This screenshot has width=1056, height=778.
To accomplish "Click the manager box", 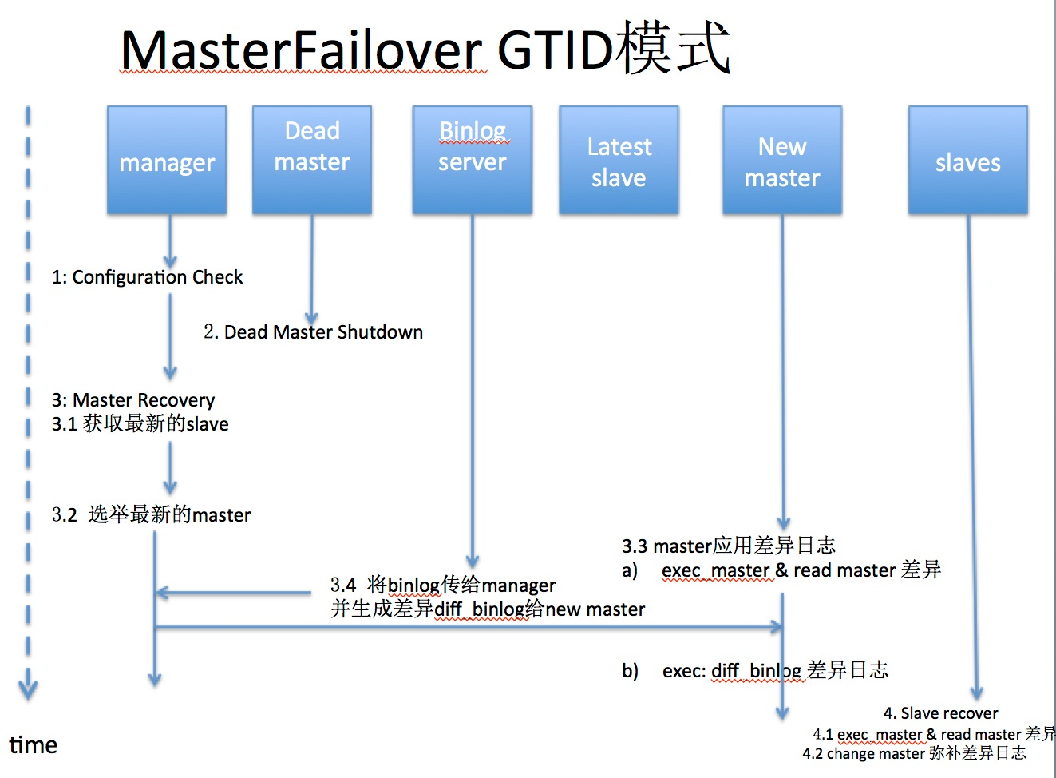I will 167,161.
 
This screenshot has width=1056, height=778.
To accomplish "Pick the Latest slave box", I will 619,161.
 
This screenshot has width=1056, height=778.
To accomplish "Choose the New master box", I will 782,161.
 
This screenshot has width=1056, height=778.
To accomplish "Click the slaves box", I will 967,161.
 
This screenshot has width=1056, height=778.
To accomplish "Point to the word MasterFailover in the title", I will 302,50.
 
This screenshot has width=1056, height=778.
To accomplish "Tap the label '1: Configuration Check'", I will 147,277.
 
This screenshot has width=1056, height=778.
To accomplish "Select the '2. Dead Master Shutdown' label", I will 313,332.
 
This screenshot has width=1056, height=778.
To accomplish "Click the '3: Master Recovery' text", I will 133,399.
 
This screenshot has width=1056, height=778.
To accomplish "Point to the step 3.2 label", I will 152,514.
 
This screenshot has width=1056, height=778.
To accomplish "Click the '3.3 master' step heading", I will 728,546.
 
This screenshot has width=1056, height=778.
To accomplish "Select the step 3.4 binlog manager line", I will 443,585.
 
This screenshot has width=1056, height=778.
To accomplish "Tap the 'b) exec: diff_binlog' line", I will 755,670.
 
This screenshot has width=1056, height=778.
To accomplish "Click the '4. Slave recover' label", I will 940,713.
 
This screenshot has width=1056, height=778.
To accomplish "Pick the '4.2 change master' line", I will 914,753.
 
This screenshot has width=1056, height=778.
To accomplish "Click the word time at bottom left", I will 34,745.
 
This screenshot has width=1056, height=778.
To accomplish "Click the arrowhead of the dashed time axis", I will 28,688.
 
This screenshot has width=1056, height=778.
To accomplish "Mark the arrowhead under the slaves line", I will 976,693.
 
